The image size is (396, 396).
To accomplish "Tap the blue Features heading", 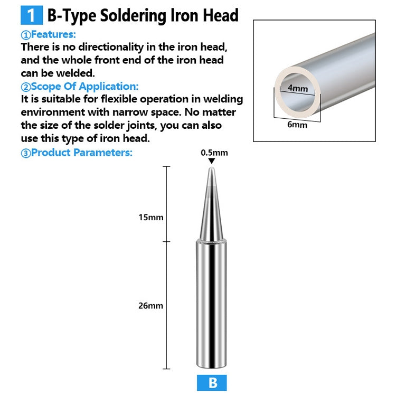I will tap(49, 35).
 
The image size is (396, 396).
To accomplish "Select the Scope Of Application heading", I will tap(80, 87).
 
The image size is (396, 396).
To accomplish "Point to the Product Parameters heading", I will tap(77, 153).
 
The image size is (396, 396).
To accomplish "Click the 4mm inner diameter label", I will tap(298, 88).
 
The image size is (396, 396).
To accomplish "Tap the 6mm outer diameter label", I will tap(297, 125).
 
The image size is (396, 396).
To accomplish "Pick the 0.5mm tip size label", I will tap(214, 153).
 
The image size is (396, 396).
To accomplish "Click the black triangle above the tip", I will tap(212, 161).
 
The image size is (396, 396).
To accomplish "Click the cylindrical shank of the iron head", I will tap(212, 306).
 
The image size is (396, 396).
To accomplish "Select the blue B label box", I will tap(212, 383).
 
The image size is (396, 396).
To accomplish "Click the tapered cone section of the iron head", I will tap(212, 211).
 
